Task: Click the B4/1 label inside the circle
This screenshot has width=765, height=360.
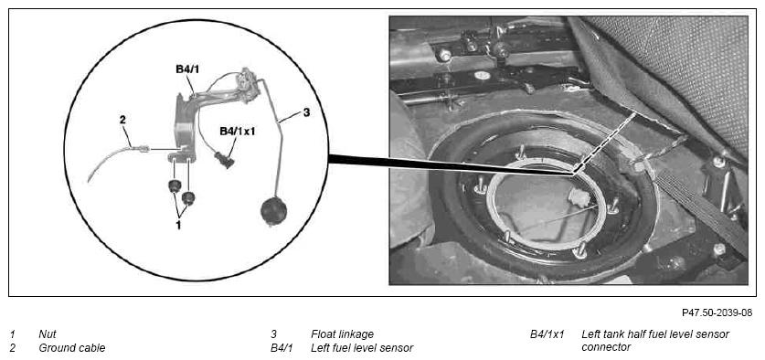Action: click(x=187, y=70)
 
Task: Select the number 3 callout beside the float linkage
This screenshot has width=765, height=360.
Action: click(x=306, y=112)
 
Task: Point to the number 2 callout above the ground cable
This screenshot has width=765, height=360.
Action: click(x=122, y=120)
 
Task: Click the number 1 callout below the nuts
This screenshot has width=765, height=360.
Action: click(x=178, y=226)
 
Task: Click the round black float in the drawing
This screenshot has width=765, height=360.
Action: click(x=273, y=211)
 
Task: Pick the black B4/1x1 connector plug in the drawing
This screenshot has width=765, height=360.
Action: click(x=224, y=160)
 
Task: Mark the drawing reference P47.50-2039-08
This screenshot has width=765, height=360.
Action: click(x=717, y=312)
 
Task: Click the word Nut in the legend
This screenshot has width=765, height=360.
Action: click(x=48, y=334)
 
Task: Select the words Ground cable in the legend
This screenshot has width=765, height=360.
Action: click(x=71, y=348)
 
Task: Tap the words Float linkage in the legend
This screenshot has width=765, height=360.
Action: click(x=342, y=334)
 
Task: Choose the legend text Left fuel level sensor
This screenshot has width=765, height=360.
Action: click(x=362, y=348)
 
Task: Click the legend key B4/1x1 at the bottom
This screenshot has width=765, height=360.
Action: click(x=547, y=334)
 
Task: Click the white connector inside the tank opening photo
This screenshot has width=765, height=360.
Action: click(x=579, y=197)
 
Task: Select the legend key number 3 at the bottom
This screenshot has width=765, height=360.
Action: click(x=273, y=334)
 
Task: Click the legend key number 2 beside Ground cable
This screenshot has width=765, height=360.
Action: click(x=12, y=348)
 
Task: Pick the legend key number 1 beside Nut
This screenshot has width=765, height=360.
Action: click(x=12, y=334)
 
